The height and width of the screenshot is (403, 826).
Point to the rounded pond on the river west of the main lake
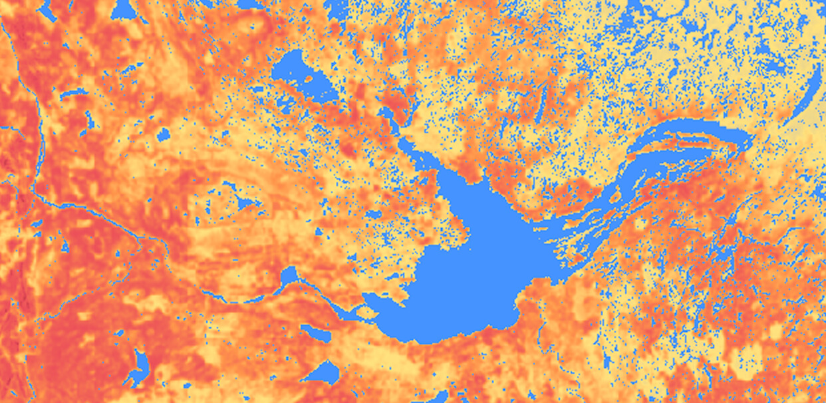click(289, 275)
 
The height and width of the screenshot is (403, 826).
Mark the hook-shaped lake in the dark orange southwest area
click(140, 365)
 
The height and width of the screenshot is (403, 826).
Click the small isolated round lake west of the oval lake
click(163, 136)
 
